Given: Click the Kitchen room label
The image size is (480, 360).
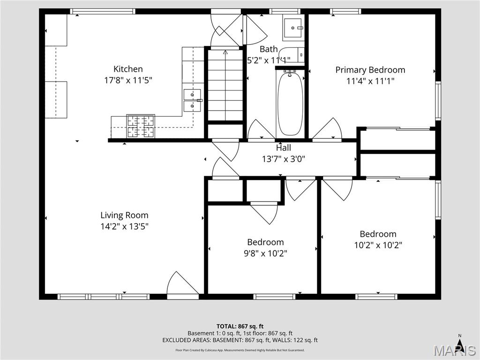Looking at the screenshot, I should pyautogui.click(x=128, y=69).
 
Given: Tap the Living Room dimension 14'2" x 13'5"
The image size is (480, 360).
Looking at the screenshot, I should pyautogui.click(x=124, y=226).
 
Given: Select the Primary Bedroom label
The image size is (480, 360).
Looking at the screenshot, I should pyautogui.click(x=370, y=70).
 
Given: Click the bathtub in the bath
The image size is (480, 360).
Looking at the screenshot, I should pyautogui.click(x=290, y=103).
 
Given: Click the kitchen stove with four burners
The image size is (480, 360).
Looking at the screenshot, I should pyautogui.click(x=141, y=127).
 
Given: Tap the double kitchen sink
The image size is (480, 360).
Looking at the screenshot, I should pyautogui.click(x=192, y=100).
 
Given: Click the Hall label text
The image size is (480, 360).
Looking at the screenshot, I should pyautogui.click(x=283, y=148).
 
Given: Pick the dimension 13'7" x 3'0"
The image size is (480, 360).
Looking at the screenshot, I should pyautogui.click(x=283, y=159).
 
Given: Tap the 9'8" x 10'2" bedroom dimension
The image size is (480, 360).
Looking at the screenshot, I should pyautogui.click(x=265, y=254).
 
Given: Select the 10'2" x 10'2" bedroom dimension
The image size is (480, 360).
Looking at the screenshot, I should pyautogui.click(x=378, y=245).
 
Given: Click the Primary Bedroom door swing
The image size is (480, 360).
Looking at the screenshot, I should pyautogui.click(x=328, y=129).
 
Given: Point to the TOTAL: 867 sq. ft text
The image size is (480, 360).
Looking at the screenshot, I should pyautogui.click(x=240, y=326).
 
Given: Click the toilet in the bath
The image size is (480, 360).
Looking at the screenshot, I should pyautogui.click(x=295, y=55).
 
